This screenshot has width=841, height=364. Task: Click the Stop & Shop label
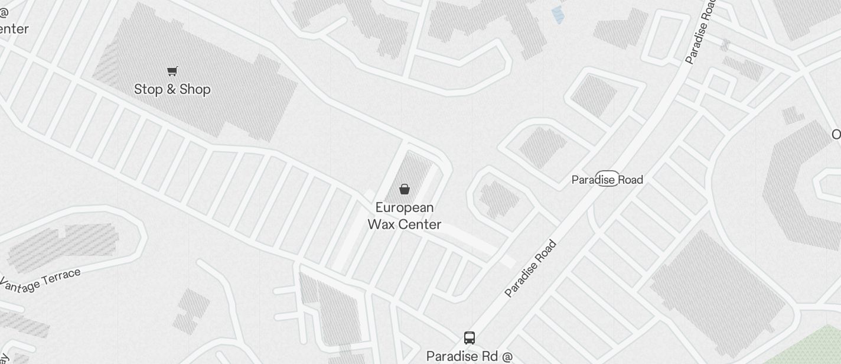pos(172,89)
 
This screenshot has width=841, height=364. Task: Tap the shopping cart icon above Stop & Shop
pos(172,71)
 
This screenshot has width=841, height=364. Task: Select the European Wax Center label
pos(405,216)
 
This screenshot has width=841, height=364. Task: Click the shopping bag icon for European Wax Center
pos(405,189)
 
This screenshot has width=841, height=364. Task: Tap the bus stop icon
pos(470,338)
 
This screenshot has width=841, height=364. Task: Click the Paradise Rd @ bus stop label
pos(470,356)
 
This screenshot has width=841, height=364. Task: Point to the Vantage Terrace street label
pos(40,281)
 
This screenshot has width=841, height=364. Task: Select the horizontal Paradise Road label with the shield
pos(607,179)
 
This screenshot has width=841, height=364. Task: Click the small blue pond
pos(558,15)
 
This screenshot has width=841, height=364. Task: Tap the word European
pos(405,207)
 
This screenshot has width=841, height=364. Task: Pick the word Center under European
pos(420,225)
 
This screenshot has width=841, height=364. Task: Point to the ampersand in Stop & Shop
pos(172,89)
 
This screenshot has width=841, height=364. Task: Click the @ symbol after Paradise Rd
pos(507,356)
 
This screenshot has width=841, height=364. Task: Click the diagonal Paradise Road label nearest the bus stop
pos(531,269)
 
